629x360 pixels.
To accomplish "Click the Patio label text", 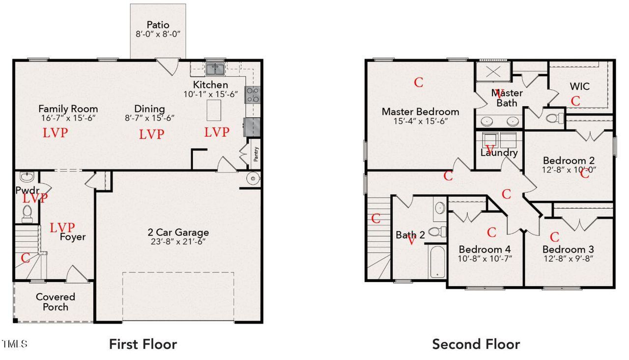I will click(x=158, y=25).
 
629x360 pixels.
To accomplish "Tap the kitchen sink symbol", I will click(x=215, y=68).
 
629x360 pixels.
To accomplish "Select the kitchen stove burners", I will click(x=253, y=94).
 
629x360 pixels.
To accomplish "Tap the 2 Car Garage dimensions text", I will click(x=178, y=242).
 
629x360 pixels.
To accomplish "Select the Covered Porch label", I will click(x=56, y=302).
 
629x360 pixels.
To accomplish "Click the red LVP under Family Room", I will click(x=55, y=133).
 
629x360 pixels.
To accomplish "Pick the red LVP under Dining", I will click(x=151, y=134).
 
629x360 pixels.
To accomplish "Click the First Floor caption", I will click(x=143, y=344).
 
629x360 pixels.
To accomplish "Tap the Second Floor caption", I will click(x=476, y=344).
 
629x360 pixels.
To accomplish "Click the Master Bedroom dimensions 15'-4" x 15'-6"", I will click(x=420, y=121).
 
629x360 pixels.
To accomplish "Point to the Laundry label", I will click(x=499, y=153).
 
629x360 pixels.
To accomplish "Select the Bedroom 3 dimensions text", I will click(x=568, y=259).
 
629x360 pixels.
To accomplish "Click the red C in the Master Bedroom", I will click(x=418, y=82).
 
